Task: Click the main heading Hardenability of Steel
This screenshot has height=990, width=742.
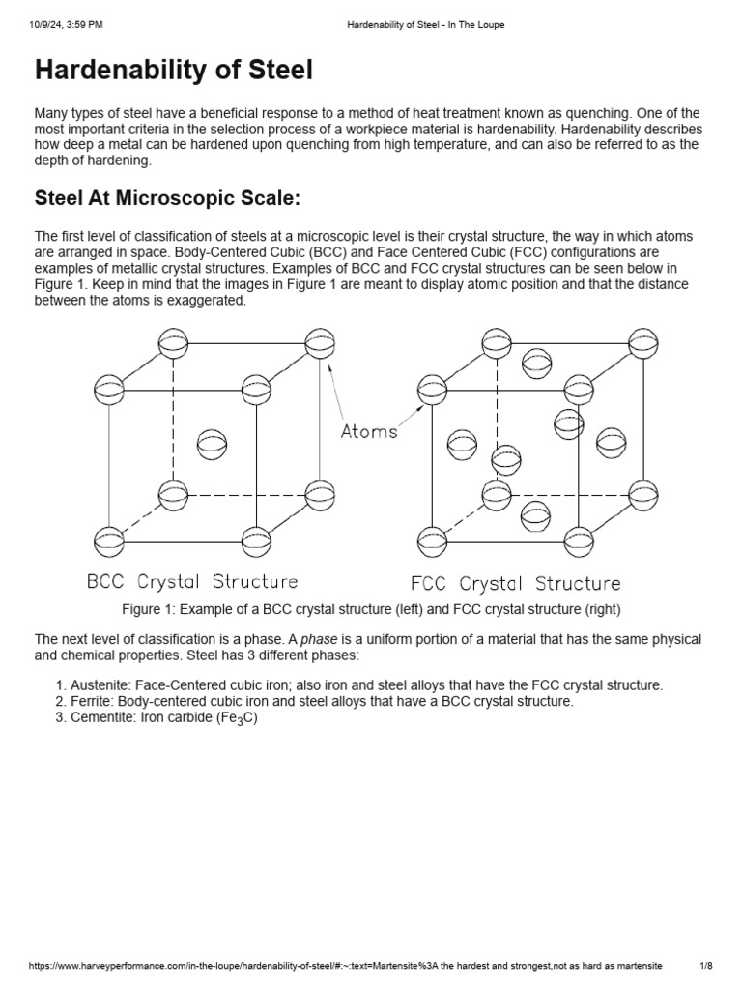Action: coord(174,72)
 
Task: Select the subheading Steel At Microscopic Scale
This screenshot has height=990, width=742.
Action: coord(168,199)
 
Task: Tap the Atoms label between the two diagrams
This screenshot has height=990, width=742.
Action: coord(369,431)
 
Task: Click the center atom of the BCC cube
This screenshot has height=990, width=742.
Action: coord(212,445)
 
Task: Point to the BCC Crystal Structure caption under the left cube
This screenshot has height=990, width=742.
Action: coord(192,582)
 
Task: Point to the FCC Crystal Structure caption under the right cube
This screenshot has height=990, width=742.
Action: coord(515,583)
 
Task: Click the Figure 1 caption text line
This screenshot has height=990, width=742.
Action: coord(371,609)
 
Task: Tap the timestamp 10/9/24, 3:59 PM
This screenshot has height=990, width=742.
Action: coord(64,25)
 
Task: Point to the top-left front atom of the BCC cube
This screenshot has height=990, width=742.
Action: coord(109,390)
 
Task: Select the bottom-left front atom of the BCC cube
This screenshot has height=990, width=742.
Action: coord(109,539)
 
